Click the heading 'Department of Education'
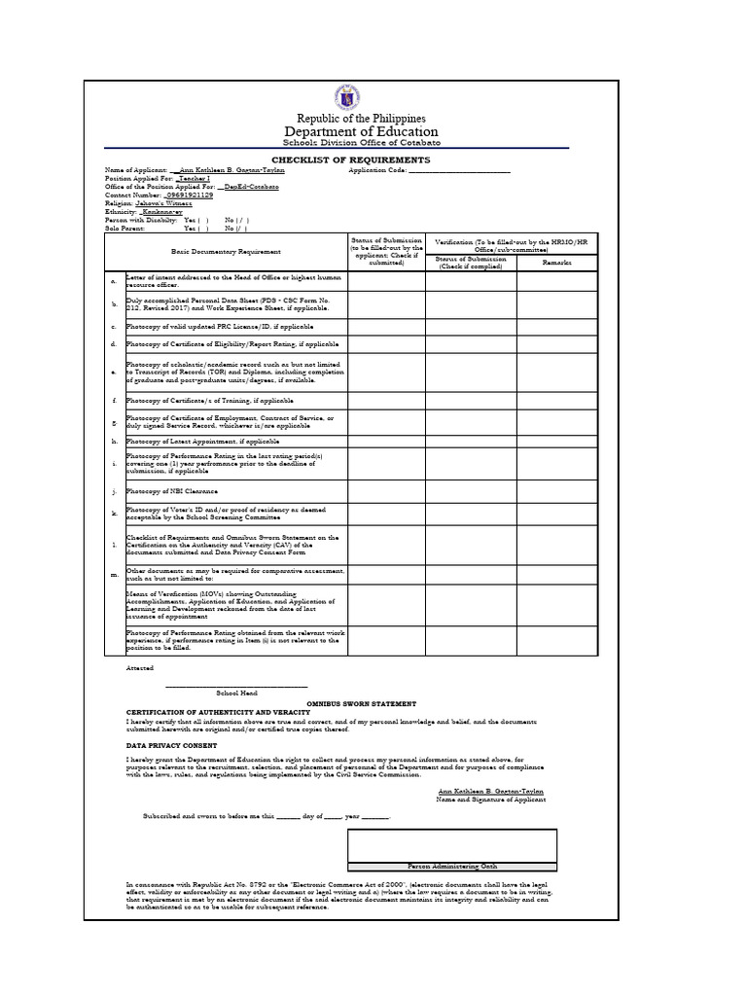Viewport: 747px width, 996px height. click(361, 132)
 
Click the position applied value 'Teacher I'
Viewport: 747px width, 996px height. click(196, 179)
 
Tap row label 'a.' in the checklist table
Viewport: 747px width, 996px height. click(115, 281)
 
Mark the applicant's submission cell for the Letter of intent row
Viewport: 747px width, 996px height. click(385, 281)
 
